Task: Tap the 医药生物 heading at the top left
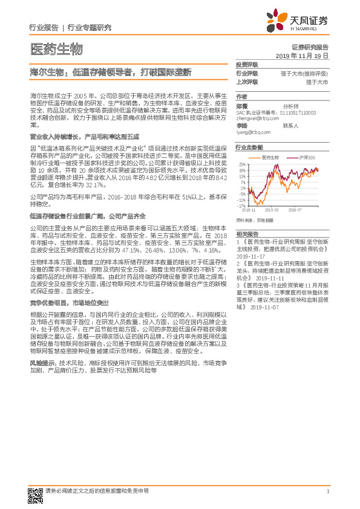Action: [56, 48]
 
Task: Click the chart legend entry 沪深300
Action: [307, 157]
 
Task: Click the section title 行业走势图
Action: [249, 148]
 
